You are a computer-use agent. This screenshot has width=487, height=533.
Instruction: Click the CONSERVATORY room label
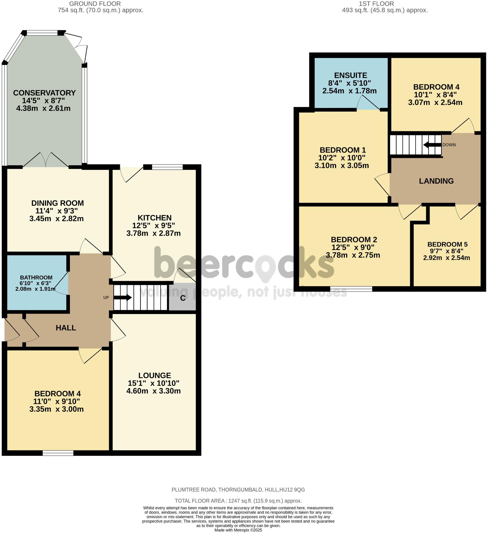point(44,93)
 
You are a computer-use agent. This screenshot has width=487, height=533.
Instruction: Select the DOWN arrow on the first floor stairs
point(432,145)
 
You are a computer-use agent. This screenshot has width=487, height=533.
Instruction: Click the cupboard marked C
point(182,298)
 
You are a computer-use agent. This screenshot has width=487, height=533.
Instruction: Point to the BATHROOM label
point(36,277)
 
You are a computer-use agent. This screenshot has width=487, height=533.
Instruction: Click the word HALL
point(66,328)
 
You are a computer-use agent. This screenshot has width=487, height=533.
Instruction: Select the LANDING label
point(436,181)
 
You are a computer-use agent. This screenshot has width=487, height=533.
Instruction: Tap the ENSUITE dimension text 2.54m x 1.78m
point(349,91)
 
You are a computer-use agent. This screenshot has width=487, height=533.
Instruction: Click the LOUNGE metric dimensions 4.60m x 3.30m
point(153,391)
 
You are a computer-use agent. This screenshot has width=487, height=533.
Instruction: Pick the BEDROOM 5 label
point(447,244)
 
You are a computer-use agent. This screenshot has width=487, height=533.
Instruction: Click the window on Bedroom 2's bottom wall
point(351,289)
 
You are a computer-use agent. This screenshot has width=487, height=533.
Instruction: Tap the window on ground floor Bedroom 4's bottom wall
point(58,453)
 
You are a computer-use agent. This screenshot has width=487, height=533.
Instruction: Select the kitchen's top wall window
point(167,167)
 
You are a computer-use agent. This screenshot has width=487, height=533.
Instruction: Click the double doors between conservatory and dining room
point(46,161)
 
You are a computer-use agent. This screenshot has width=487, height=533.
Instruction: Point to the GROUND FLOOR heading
point(95,4)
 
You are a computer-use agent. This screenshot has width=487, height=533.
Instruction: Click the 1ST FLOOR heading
point(376,4)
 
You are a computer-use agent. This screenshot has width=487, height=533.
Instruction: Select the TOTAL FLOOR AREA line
point(238,501)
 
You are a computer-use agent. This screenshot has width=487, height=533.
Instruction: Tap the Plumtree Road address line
point(238,490)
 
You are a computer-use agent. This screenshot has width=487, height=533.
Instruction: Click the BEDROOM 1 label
point(343,150)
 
